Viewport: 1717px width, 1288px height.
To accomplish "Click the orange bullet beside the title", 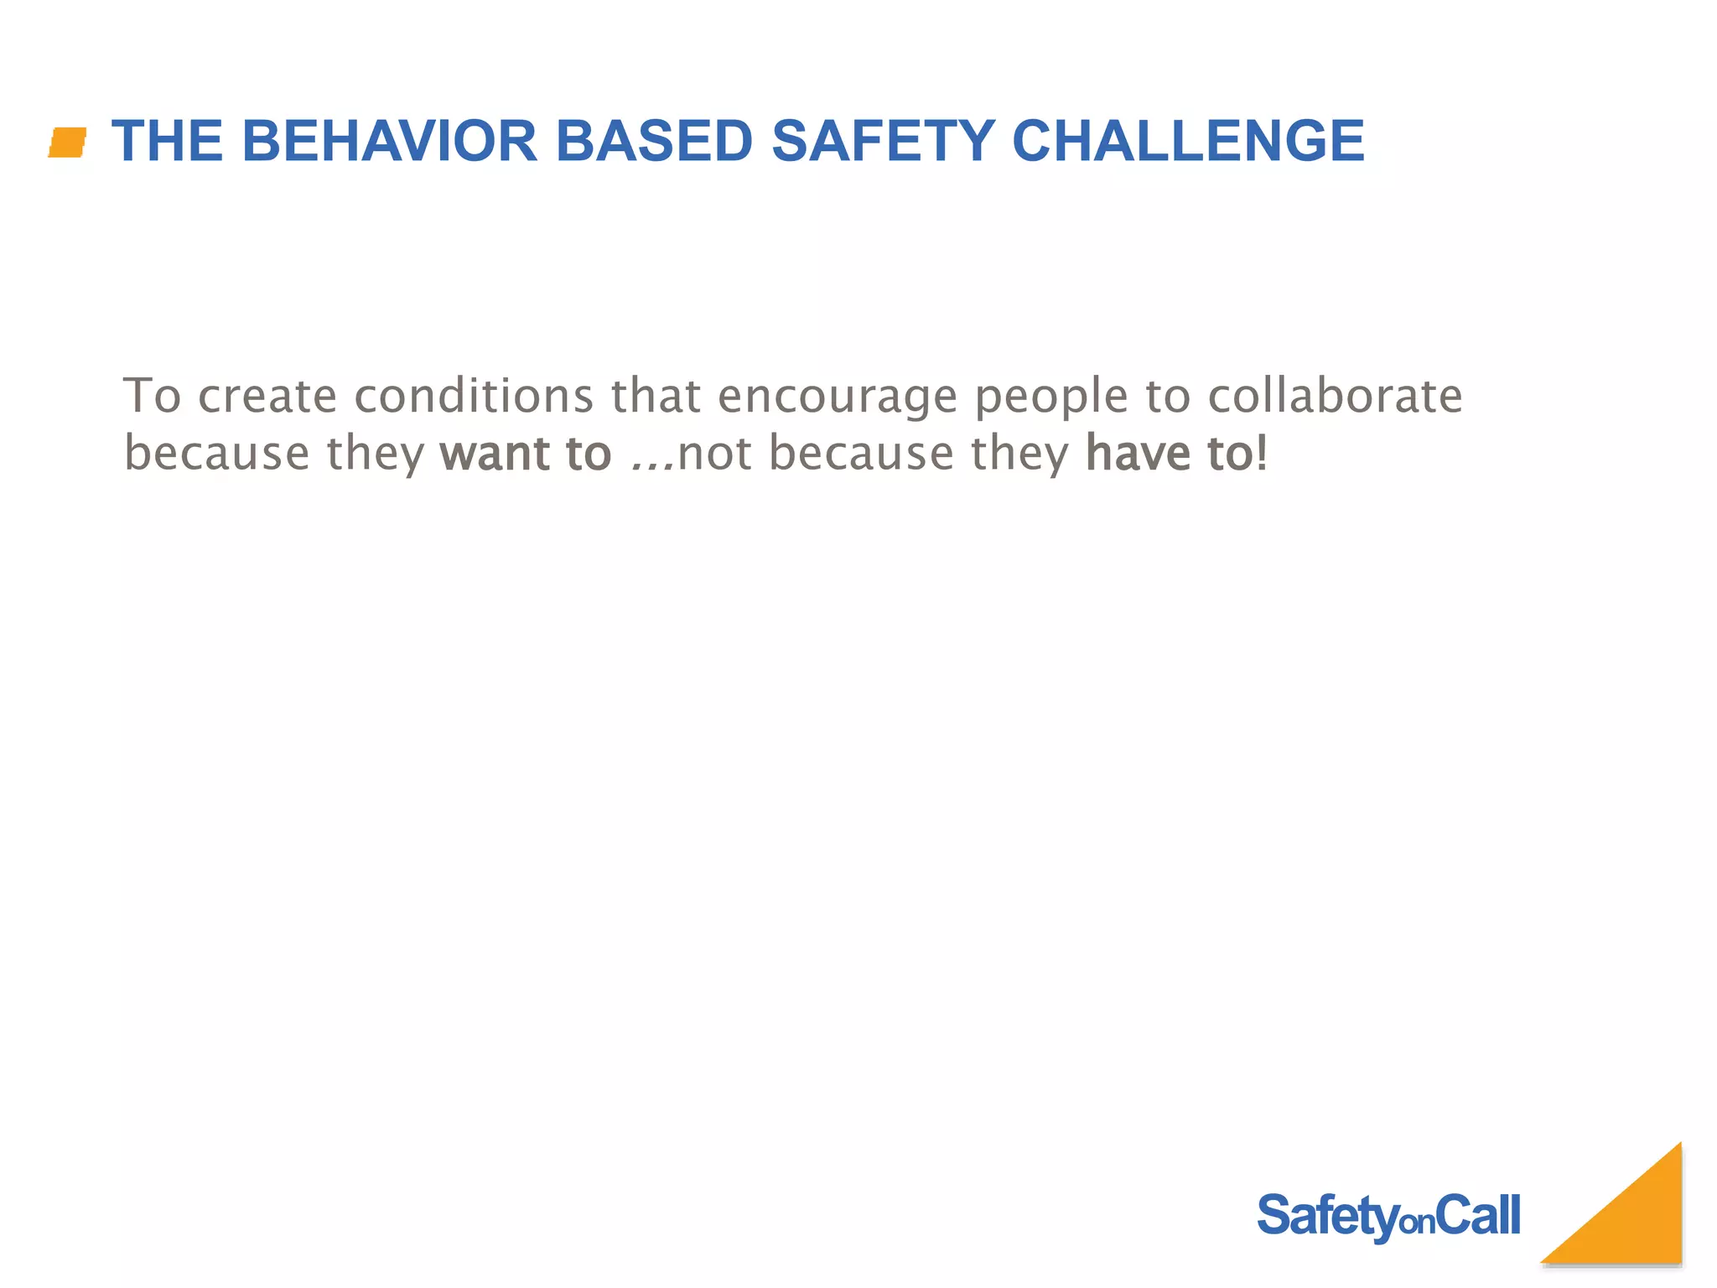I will (x=68, y=142).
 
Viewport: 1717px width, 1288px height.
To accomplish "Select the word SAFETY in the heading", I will (x=882, y=141).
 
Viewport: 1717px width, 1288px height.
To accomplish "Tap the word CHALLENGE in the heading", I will (x=1188, y=141).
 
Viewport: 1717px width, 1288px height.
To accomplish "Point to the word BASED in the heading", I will (x=654, y=141).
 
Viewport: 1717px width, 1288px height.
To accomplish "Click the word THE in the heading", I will (x=168, y=141).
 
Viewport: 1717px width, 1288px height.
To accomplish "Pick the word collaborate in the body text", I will (x=1335, y=396).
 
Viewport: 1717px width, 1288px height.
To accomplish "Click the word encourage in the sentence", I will (x=838, y=397).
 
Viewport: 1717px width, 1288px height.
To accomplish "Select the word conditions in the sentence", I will (x=475, y=396).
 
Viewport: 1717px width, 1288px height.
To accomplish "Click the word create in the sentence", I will (x=267, y=397).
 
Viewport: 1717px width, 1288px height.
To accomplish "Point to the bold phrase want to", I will (x=526, y=454).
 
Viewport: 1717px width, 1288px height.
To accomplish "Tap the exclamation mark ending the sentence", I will (x=1263, y=454).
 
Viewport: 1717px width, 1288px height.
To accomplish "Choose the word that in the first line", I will (x=656, y=396).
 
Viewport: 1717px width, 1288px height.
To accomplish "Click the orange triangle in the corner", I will (x=1635, y=1224).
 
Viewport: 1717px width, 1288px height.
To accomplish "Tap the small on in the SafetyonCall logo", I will (x=1418, y=1223).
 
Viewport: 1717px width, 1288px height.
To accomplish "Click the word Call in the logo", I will (x=1477, y=1215).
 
